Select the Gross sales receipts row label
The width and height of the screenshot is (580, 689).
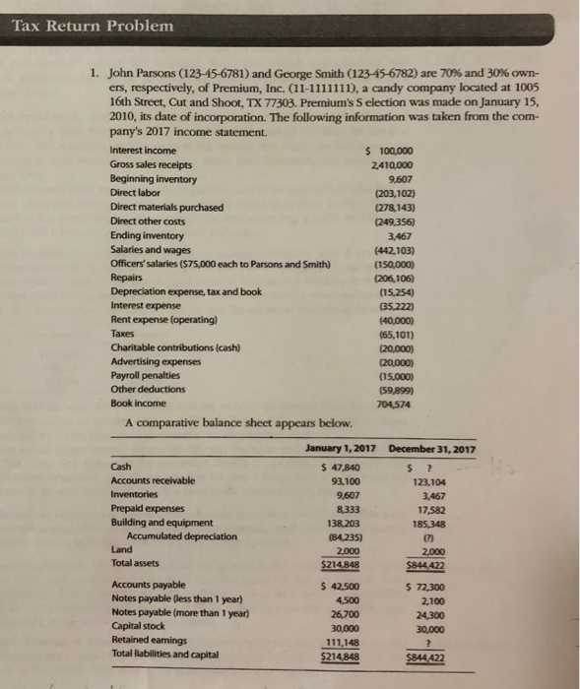[152, 164]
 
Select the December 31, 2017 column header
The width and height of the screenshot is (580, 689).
[433, 450]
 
